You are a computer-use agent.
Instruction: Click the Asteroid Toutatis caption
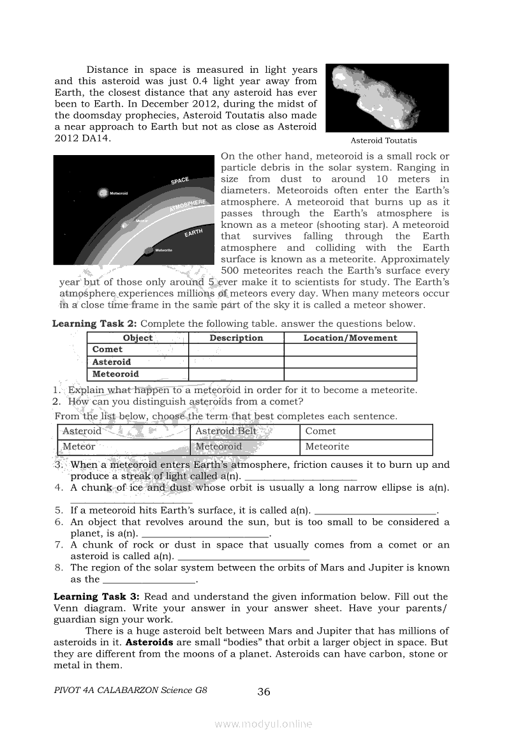(x=383, y=140)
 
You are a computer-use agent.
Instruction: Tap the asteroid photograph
(x=387, y=98)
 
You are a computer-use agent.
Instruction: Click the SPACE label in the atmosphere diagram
(x=180, y=181)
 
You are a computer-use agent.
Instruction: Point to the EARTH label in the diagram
(x=193, y=234)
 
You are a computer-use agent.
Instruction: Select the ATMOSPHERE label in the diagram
(x=188, y=206)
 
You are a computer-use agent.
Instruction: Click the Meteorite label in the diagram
(x=163, y=250)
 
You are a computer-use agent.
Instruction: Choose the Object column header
(x=137, y=338)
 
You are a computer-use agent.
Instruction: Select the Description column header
(x=236, y=338)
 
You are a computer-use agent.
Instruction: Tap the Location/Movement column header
(x=350, y=338)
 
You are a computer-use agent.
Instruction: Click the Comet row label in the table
(x=107, y=350)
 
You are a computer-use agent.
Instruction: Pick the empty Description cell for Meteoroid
(x=236, y=375)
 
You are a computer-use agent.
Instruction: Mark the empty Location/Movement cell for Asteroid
(x=350, y=362)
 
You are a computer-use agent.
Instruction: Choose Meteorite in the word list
(x=327, y=447)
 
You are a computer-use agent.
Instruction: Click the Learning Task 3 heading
(x=96, y=597)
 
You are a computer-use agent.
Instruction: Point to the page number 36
(x=263, y=692)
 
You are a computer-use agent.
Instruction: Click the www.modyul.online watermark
(x=263, y=724)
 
